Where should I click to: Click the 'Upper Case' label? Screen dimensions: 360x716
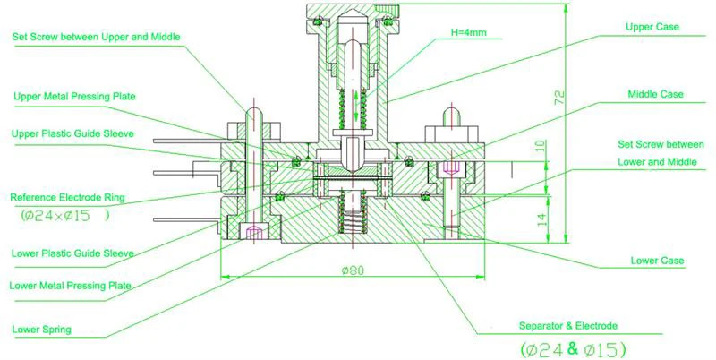click(652, 28)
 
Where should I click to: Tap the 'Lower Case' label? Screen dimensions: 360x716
click(657, 261)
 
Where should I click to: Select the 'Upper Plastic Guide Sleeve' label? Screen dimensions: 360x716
click(73, 133)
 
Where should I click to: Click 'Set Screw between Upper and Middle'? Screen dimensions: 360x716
click(97, 37)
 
